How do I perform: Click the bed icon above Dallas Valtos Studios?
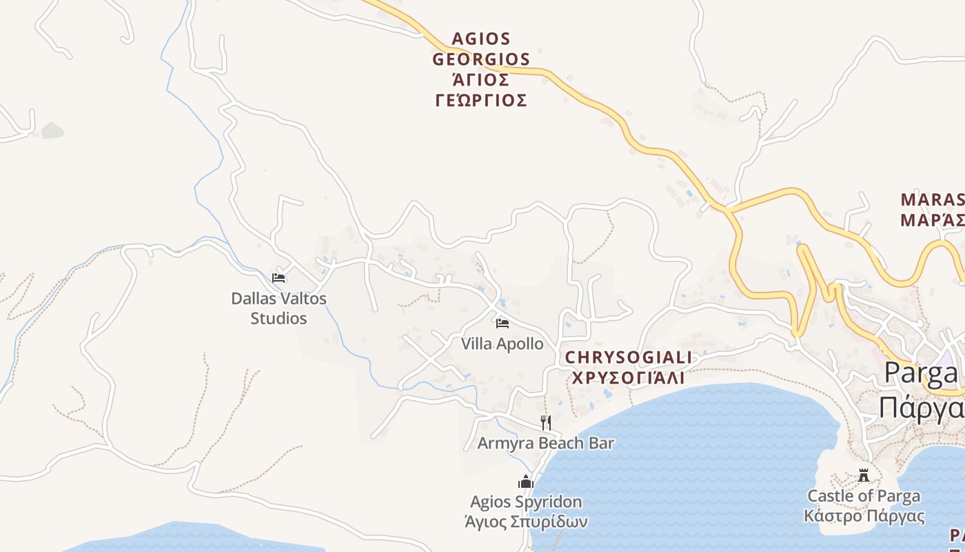[x=278, y=277]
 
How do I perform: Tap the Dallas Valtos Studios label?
[x=278, y=308]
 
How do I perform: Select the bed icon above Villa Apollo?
[x=502, y=323]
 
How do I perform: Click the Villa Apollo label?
[x=502, y=344]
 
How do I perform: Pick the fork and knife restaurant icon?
[x=546, y=422]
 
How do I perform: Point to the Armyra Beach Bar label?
[x=545, y=443]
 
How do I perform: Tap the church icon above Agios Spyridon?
[x=526, y=482]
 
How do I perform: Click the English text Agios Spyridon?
[x=526, y=502]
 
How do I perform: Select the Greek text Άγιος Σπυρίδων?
[x=526, y=521]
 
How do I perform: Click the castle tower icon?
[x=864, y=475]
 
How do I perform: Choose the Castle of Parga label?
[x=864, y=495]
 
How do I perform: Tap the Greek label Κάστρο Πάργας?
[x=864, y=515]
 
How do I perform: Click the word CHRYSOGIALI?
[x=628, y=357]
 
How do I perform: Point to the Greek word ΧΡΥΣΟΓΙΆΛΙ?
[x=628, y=377]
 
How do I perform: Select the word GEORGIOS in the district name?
[x=481, y=59]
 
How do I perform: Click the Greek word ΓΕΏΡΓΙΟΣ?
[x=481, y=101]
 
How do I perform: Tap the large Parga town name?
[x=921, y=373]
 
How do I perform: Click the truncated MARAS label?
[x=932, y=200]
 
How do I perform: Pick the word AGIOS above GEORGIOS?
[x=481, y=39]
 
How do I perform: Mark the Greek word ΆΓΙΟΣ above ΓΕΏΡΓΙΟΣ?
[x=481, y=80]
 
